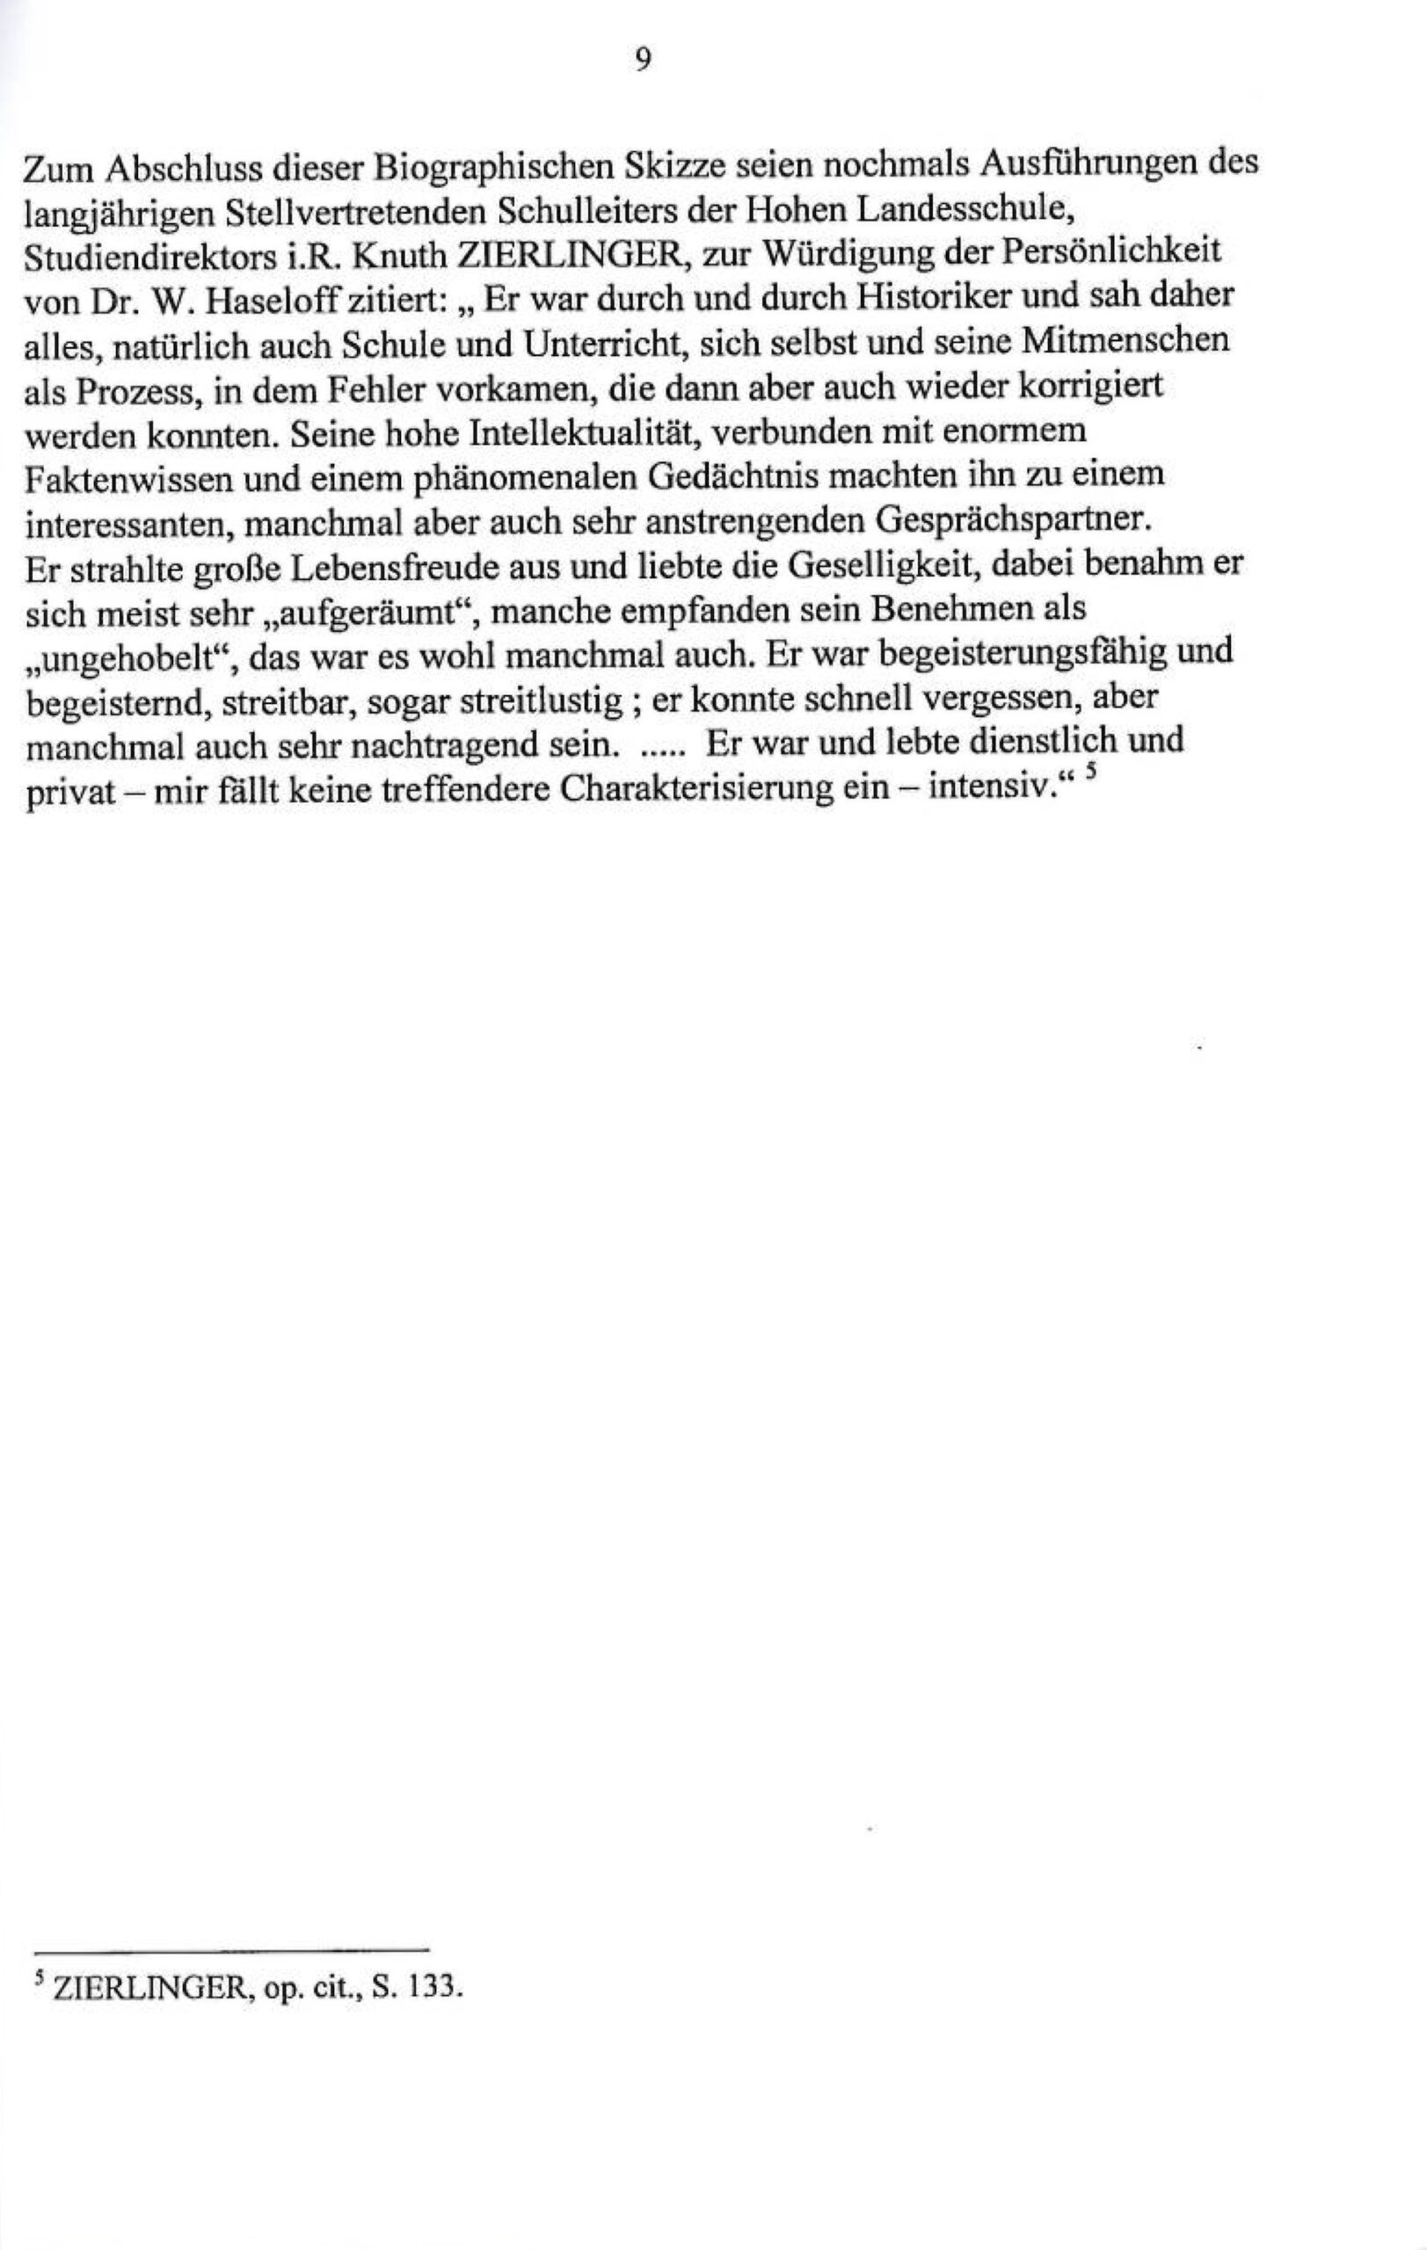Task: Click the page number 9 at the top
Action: coord(643,61)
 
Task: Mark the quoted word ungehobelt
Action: coord(129,657)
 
